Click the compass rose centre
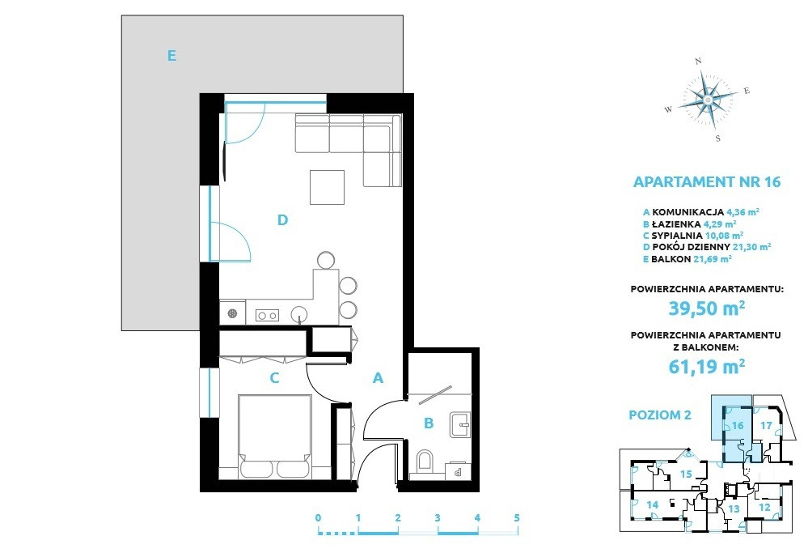click(708, 99)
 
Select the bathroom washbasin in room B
click(459, 424)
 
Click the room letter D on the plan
click(282, 220)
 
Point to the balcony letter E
click(172, 55)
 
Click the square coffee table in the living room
click(327, 187)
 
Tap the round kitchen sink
click(299, 313)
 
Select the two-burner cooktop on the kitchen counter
click(267, 315)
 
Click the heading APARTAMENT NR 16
click(706, 182)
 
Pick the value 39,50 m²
click(706, 308)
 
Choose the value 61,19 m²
click(706, 366)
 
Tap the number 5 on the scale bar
click(517, 518)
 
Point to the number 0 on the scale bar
click(319, 518)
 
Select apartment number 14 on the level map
click(653, 505)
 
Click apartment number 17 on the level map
click(766, 426)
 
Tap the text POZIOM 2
click(660, 415)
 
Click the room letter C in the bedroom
click(275, 378)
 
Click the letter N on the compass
click(699, 62)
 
